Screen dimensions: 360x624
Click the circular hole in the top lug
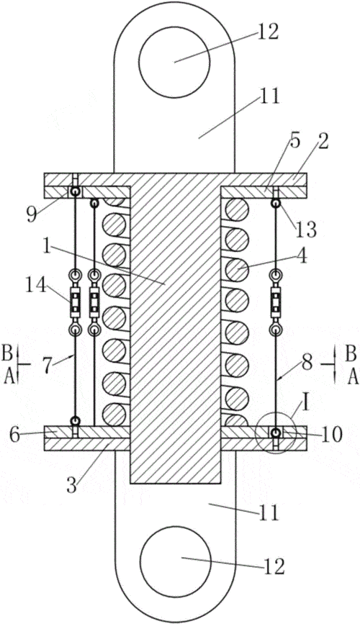coord(174,63)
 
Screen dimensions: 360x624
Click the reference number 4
coord(302,257)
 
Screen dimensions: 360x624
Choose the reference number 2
coord(323,142)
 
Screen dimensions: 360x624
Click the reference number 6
coord(14,435)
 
